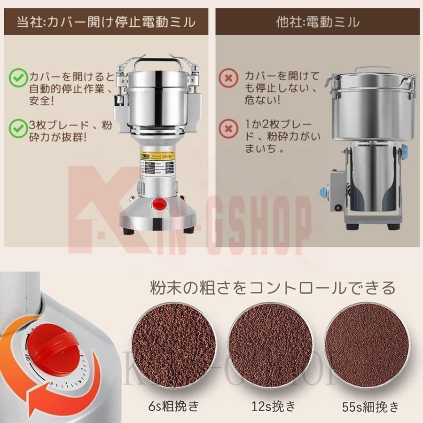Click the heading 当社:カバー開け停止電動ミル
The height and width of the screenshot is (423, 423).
click(106, 22)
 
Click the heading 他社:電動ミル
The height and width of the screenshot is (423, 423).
click(318, 22)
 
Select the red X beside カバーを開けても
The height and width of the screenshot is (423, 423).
click(228, 77)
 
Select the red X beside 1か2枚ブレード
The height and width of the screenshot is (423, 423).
click(228, 127)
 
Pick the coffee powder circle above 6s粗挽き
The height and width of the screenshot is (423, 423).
click(175, 345)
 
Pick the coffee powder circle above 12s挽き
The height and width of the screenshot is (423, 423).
click(270, 345)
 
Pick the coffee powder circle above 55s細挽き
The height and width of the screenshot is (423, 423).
click(366, 345)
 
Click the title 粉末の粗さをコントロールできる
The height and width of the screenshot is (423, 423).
click(273, 287)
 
